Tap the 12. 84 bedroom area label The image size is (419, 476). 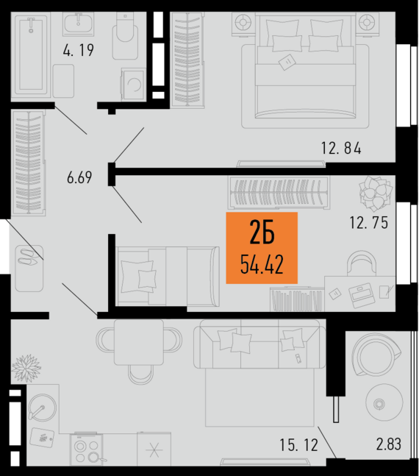(341, 149)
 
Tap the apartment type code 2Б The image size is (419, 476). (262, 233)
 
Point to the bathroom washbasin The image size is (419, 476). (77, 25)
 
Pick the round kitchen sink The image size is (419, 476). (42, 408)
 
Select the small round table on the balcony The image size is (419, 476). (379, 403)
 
